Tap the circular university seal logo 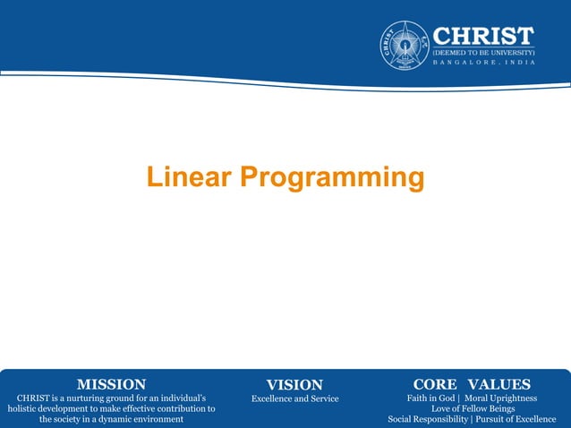pos(405,46)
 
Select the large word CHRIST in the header pos(483,35)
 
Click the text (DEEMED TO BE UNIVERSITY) pos(483,52)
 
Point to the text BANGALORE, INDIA pos(483,64)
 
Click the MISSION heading pos(111,385)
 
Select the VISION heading pos(294,385)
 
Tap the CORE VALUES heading pos(472,385)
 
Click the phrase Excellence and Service pos(294,398)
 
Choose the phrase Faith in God pos(430,398)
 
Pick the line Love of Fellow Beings pos(473,408)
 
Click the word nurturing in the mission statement pos(82,398)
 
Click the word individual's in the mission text pos(186,398)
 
